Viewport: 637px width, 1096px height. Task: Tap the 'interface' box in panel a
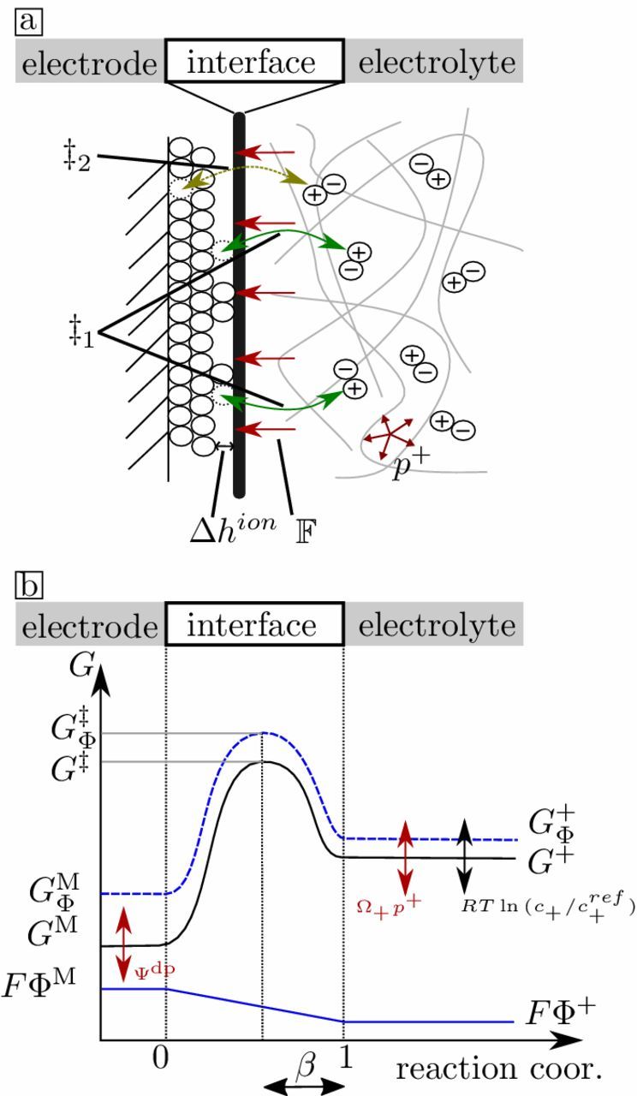coord(255,63)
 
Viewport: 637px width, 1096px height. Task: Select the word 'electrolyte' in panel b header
coord(437,626)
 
